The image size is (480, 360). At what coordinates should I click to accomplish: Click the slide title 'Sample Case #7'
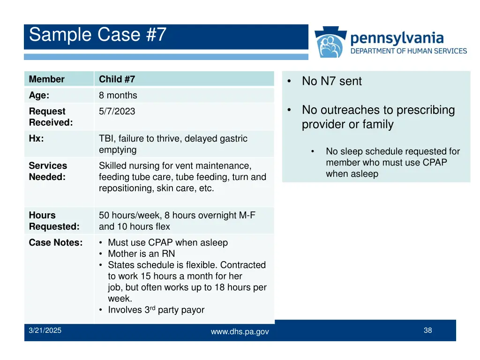(x=97, y=35)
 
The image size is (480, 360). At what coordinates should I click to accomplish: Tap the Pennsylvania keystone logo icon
(x=331, y=43)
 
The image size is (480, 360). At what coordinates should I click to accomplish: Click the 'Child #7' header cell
(x=117, y=79)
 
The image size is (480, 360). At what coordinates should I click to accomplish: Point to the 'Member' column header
(x=46, y=79)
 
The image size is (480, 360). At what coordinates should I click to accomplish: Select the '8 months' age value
(x=118, y=95)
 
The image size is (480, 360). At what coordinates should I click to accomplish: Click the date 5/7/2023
(x=117, y=111)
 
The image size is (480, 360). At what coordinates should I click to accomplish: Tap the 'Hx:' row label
(x=36, y=139)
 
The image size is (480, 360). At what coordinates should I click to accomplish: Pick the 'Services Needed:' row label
(x=48, y=171)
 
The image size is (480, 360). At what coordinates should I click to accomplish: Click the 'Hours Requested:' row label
(x=54, y=221)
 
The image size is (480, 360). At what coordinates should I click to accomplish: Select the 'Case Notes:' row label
(x=55, y=243)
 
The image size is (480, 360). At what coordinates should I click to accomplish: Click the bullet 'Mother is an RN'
(x=141, y=254)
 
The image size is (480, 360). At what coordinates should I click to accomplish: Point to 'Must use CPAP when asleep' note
(x=167, y=243)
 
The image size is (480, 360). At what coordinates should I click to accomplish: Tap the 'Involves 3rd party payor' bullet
(x=156, y=310)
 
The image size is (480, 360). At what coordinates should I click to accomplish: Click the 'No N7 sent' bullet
(x=331, y=81)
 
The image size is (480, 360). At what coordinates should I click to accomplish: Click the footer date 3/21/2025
(x=45, y=330)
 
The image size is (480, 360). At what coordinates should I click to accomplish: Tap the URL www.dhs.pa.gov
(x=240, y=331)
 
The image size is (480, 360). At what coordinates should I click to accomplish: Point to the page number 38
(x=427, y=330)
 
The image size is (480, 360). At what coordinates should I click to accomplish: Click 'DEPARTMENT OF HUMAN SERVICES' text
(x=409, y=51)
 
